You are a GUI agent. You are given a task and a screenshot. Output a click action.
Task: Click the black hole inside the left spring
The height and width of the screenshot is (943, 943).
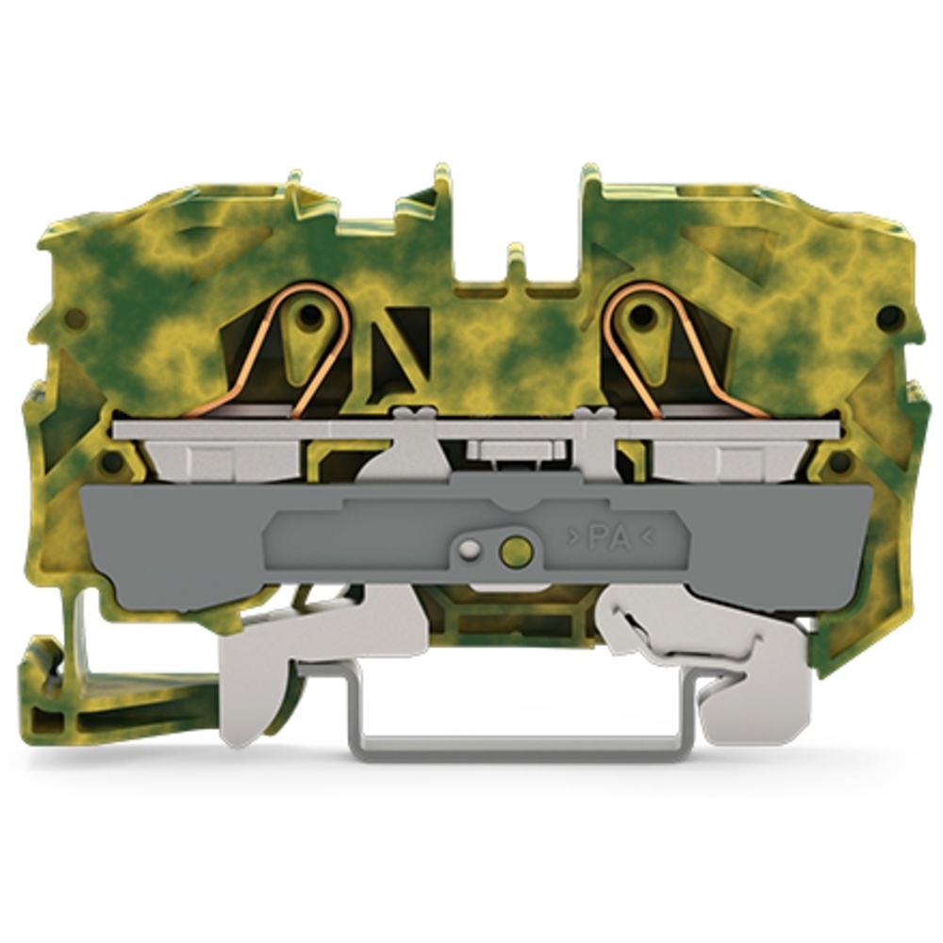[309, 314]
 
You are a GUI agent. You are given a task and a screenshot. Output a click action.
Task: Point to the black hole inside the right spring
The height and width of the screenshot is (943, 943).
[641, 314]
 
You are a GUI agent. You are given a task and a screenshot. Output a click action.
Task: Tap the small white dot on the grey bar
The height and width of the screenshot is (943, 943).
[471, 548]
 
